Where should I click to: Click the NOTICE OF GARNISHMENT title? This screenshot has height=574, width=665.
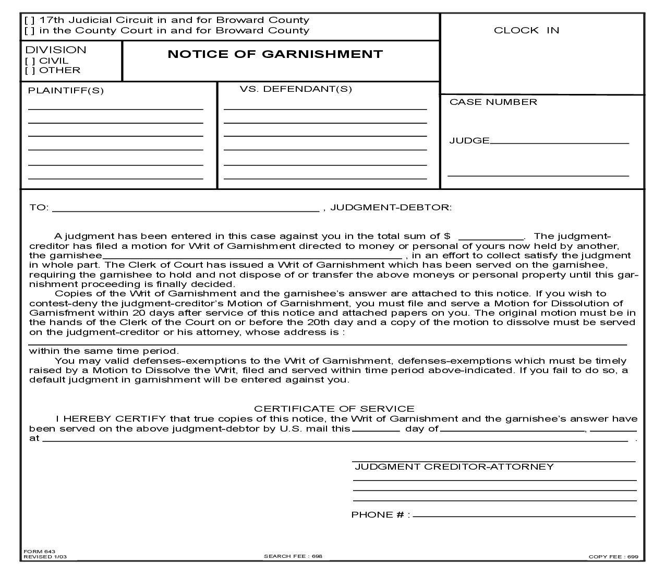pyautogui.click(x=275, y=54)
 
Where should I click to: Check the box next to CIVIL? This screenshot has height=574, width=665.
pyautogui.click(x=30, y=61)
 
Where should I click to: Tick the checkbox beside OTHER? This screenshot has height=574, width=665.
pyautogui.click(x=30, y=70)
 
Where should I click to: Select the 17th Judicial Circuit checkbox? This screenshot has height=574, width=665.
pyautogui.click(x=30, y=20)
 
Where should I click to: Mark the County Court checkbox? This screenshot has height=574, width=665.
pyautogui.click(x=30, y=31)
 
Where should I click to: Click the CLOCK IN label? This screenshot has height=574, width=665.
pyautogui.click(x=526, y=30)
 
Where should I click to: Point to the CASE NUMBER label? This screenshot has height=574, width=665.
pyautogui.click(x=493, y=102)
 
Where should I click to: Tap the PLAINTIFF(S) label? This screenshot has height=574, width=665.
pyautogui.click(x=66, y=91)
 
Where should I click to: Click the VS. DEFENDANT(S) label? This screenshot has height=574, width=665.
pyautogui.click(x=296, y=89)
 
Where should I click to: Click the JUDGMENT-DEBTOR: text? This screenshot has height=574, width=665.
pyautogui.click(x=391, y=208)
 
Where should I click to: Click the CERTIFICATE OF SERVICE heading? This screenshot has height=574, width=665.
pyautogui.click(x=334, y=409)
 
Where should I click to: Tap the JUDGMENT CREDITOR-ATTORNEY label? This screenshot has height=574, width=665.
pyautogui.click(x=454, y=467)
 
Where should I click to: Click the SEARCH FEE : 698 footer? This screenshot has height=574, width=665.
pyautogui.click(x=293, y=556)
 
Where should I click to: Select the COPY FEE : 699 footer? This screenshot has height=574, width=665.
pyautogui.click(x=613, y=557)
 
